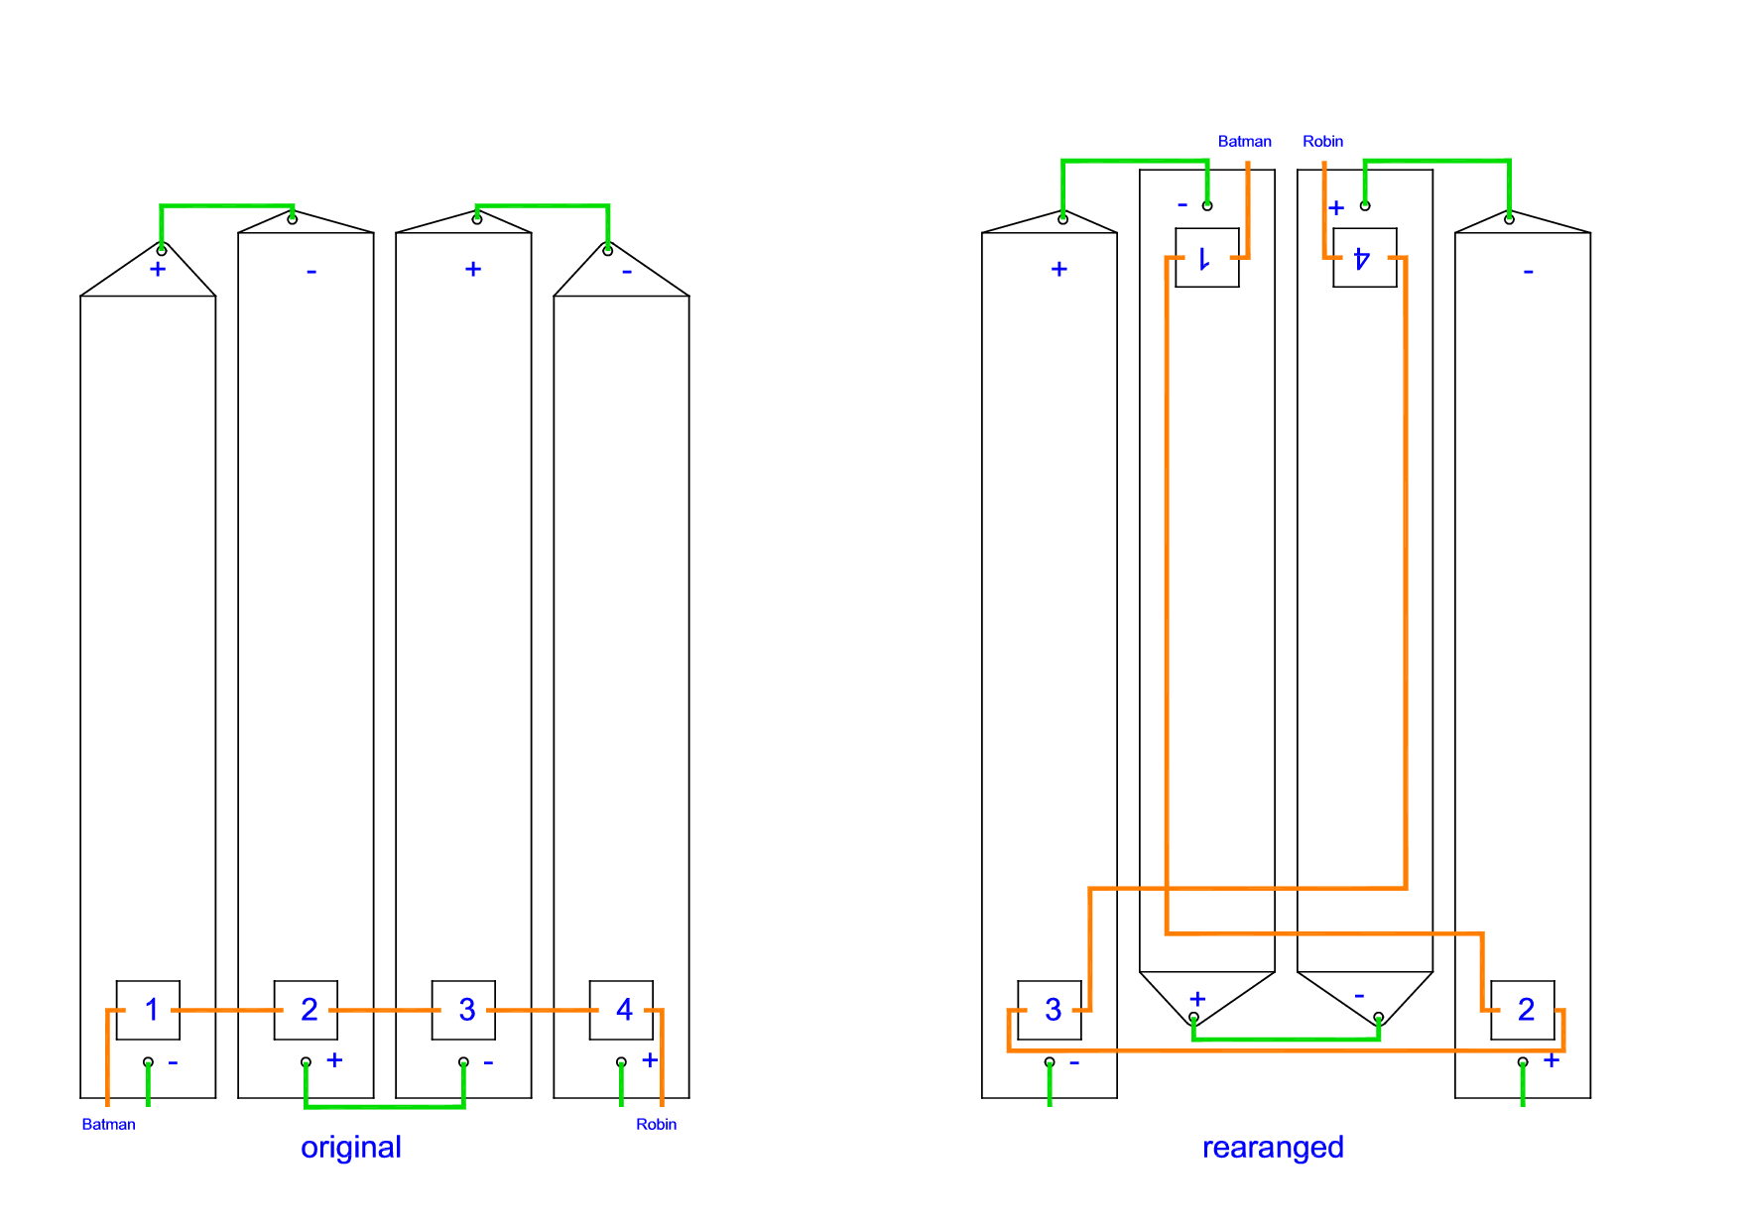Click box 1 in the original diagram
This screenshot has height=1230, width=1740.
(148, 1010)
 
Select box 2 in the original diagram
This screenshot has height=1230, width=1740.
(306, 1010)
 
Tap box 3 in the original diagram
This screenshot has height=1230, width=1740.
(463, 1010)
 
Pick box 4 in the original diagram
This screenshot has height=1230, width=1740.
(621, 1010)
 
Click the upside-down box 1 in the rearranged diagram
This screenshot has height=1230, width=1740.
(1206, 258)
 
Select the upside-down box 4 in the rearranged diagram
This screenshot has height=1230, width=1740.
(1364, 258)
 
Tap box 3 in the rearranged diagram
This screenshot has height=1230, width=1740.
(1050, 1010)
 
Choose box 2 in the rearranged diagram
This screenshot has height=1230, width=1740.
(1523, 1010)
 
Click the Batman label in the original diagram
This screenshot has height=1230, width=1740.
(108, 1124)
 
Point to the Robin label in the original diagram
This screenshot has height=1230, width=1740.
(656, 1124)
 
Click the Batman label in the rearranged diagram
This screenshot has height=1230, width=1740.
(1244, 141)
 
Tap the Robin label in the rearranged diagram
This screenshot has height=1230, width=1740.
(1322, 141)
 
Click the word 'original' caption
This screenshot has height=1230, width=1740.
(351, 1147)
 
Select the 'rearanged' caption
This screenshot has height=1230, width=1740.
(1273, 1147)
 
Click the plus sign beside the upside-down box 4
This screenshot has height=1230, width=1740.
(1336, 207)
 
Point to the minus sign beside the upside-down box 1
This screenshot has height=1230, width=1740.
(1181, 205)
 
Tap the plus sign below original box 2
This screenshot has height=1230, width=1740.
(335, 1060)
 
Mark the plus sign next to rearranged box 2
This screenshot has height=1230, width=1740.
(1552, 1060)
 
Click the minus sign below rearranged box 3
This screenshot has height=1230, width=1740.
(1074, 1062)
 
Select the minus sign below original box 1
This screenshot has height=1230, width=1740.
(173, 1062)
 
